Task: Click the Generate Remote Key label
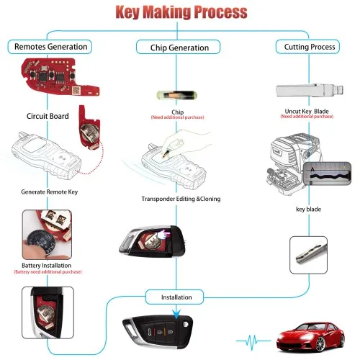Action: tap(50, 193)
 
